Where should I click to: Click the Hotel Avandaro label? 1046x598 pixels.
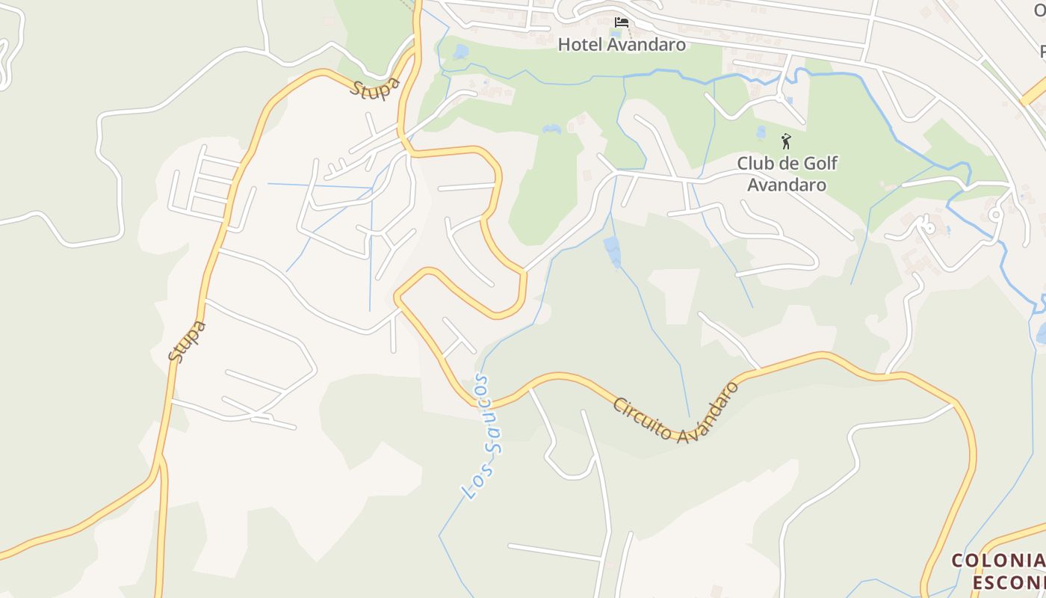(x=622, y=44)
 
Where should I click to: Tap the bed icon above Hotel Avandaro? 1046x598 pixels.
(x=622, y=22)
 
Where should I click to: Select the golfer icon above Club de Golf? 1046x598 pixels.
(x=785, y=141)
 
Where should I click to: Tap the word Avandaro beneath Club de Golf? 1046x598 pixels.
(x=787, y=184)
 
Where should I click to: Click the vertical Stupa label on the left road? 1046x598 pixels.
(x=187, y=341)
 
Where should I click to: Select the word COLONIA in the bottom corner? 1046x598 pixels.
(x=998, y=561)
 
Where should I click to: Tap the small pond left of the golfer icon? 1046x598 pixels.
(x=761, y=132)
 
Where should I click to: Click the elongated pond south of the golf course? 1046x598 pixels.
(x=612, y=251)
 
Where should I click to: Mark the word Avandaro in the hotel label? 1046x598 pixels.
(x=646, y=44)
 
